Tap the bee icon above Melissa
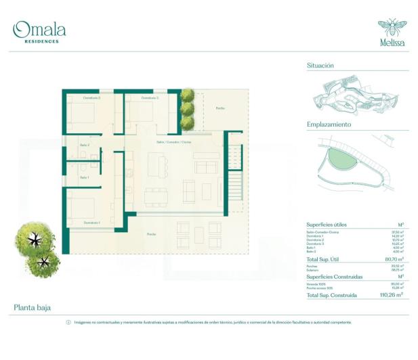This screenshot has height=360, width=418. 391,28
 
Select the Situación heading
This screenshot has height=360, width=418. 320,66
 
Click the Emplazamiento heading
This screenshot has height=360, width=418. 329,125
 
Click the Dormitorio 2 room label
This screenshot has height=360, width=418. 92,98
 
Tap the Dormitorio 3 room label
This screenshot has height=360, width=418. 150,98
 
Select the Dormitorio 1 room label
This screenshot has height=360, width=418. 92,223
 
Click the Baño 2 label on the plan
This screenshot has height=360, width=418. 85,145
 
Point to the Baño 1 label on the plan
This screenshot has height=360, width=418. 85,177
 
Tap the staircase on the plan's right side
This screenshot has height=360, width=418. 234,182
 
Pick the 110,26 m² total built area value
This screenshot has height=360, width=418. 391,295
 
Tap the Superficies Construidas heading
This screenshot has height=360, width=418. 334,277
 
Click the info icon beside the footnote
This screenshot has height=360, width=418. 68,322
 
